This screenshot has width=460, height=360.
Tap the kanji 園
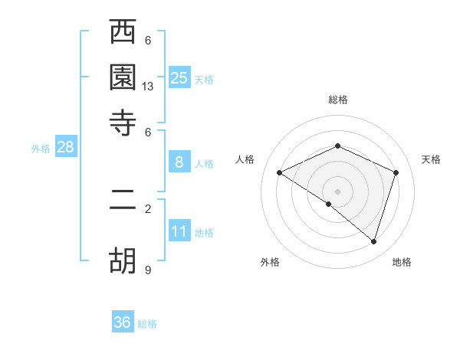click(123, 78)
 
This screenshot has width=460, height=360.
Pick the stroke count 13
click(148, 87)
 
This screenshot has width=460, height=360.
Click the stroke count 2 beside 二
click(148, 208)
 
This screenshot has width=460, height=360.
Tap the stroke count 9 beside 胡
click(148, 270)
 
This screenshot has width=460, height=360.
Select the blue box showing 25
click(179, 77)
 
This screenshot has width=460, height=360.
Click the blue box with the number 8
click(179, 162)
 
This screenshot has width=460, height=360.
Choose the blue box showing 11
click(179, 231)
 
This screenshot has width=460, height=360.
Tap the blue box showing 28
click(65, 148)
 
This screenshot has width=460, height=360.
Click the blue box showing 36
click(123, 322)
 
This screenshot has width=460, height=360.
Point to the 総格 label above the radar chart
click(338, 100)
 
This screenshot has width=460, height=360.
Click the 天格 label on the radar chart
click(431, 159)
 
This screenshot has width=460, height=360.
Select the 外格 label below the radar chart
click(270, 263)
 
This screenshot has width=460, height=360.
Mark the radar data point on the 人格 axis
click(280, 172)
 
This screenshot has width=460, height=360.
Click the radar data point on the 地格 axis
click(373, 241)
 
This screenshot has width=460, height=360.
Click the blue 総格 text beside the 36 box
click(147, 324)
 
